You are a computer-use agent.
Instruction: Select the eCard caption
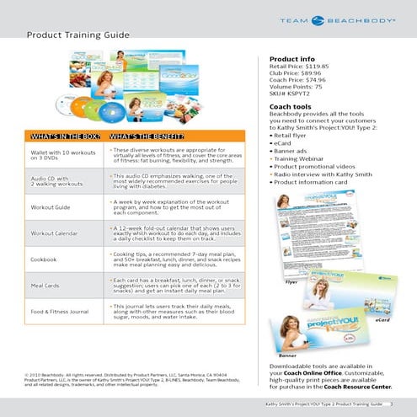pyautogui.click(x=382, y=321)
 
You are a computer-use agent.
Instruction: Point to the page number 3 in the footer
pyautogui.click(x=392, y=405)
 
